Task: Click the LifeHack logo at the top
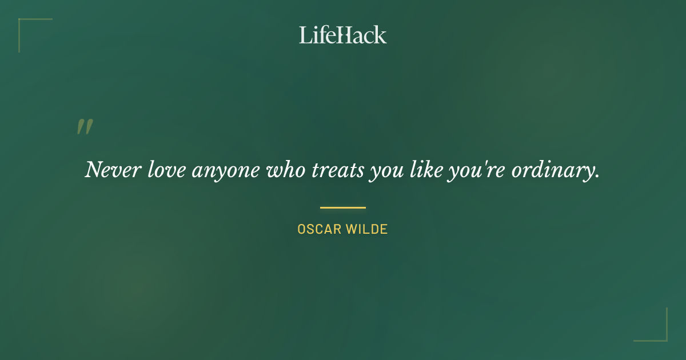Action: click(x=343, y=35)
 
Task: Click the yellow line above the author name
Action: click(x=343, y=207)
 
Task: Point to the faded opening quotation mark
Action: click(x=85, y=127)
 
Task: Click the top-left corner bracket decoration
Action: click(x=23, y=23)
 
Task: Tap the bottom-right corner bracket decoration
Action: click(x=663, y=337)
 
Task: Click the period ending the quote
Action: click(x=597, y=177)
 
